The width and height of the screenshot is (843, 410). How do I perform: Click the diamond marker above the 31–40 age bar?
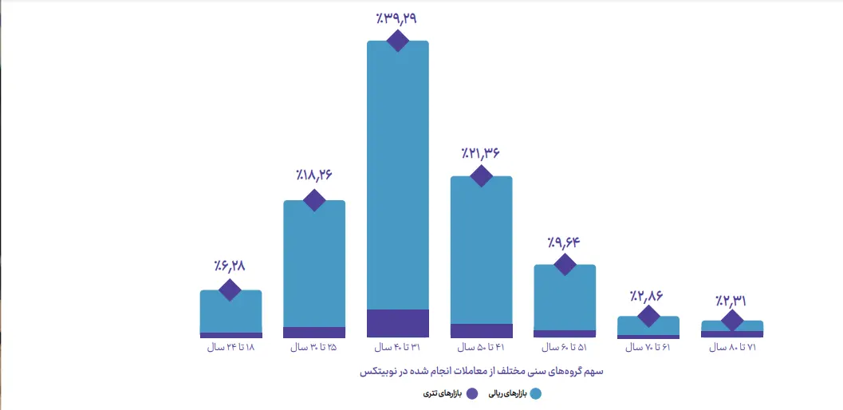[x=397, y=41]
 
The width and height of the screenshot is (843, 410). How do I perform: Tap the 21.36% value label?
[x=480, y=153]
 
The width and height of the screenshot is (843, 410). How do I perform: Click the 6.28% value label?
[x=230, y=266]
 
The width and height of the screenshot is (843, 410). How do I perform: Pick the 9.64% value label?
[x=564, y=242]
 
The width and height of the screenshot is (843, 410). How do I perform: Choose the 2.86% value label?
[x=648, y=297]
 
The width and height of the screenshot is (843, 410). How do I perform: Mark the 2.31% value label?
[x=731, y=301]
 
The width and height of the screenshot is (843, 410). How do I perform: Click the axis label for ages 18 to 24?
[x=230, y=348]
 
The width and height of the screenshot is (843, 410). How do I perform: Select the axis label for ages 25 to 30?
[x=314, y=348]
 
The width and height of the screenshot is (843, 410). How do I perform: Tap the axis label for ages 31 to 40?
[x=397, y=348]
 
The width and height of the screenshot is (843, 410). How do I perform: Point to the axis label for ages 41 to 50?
[x=481, y=348]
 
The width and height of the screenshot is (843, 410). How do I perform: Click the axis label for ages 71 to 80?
[x=731, y=348]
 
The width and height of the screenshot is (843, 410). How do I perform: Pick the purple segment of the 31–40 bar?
[x=397, y=323]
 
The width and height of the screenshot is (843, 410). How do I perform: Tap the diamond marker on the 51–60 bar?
[x=564, y=265]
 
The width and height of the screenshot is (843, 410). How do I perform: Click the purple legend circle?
[x=471, y=393]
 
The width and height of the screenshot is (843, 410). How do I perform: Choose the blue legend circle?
[x=535, y=393]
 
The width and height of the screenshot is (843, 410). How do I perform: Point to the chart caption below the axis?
[x=481, y=371]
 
